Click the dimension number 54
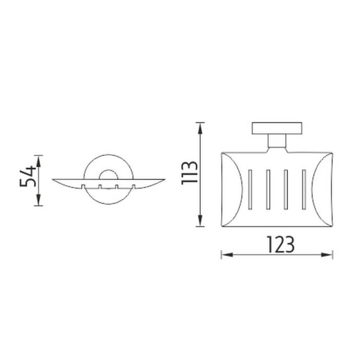pyautogui.click(x=28, y=176)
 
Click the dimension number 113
pyautogui.click(x=189, y=173)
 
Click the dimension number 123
pyautogui.click(x=281, y=245)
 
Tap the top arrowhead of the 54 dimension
pyautogui.click(x=39, y=161)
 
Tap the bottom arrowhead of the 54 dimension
pyautogui.click(x=39, y=200)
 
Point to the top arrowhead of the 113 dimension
pyautogui.click(x=200, y=128)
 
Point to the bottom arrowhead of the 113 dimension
pyautogui.click(x=200, y=220)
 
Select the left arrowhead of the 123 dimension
pyautogui.click(x=227, y=255)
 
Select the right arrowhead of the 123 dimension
pyautogui.click(x=327, y=255)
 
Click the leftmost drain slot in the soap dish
pyautogui.click(x=250, y=189)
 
